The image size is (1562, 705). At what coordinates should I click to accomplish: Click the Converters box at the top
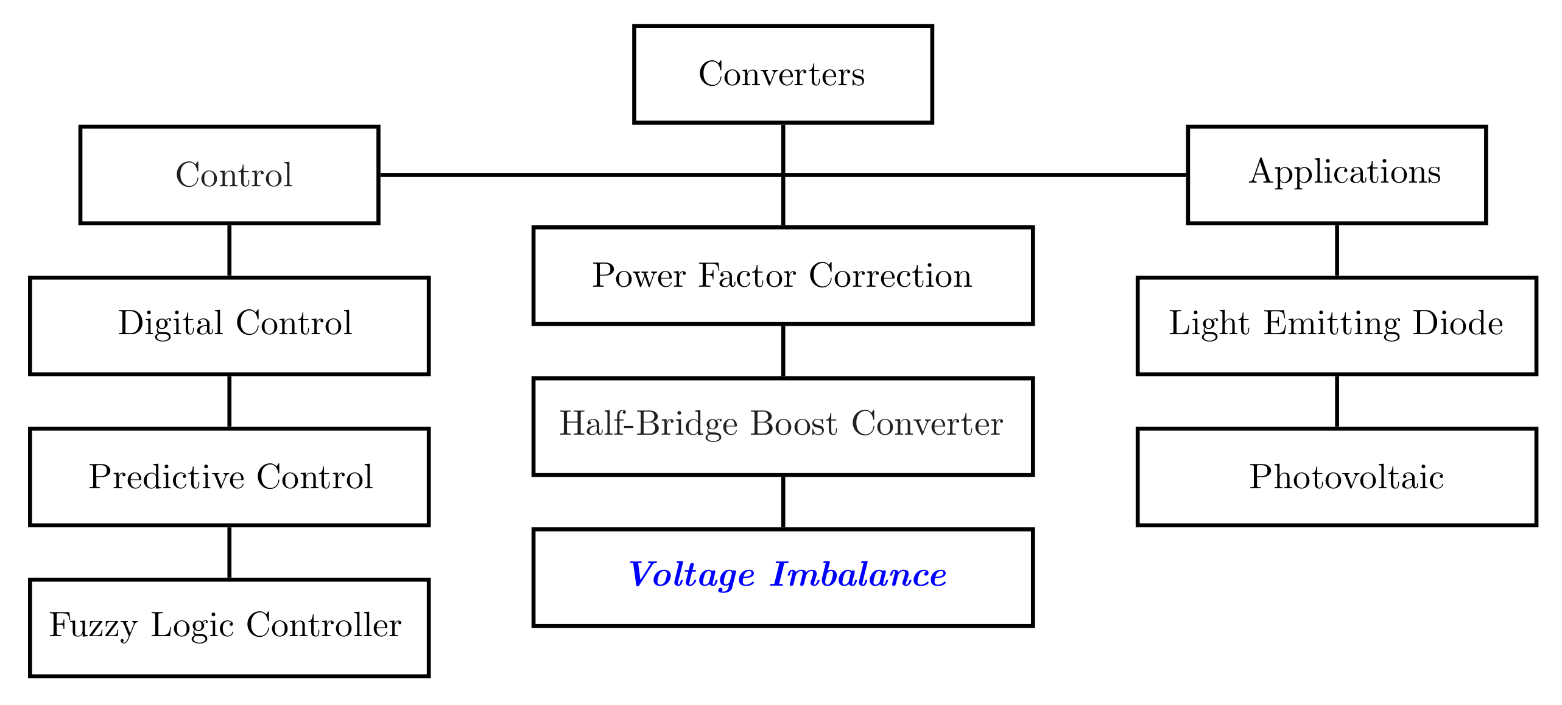783,74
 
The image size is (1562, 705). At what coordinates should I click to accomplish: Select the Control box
229,175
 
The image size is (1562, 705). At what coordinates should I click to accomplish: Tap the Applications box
1337,175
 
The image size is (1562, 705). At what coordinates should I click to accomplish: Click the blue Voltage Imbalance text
787,575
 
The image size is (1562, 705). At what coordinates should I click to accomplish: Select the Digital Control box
229,326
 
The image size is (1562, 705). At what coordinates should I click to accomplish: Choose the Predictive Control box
229,477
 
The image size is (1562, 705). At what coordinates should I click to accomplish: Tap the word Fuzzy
93,626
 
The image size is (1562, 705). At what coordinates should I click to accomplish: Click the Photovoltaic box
1337,477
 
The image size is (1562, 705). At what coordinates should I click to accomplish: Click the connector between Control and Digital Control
229,250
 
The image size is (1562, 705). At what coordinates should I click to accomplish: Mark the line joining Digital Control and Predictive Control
229,401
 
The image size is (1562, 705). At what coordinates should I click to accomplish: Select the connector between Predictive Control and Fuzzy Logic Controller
229,552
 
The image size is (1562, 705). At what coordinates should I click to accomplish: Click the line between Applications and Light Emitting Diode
1337,250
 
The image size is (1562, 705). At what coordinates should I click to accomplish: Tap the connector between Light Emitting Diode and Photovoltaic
1337,401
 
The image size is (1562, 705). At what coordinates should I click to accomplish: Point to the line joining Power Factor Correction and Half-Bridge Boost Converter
783,351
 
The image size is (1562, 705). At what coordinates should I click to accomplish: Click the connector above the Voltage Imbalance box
783,502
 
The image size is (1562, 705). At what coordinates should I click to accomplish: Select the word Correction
890,276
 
